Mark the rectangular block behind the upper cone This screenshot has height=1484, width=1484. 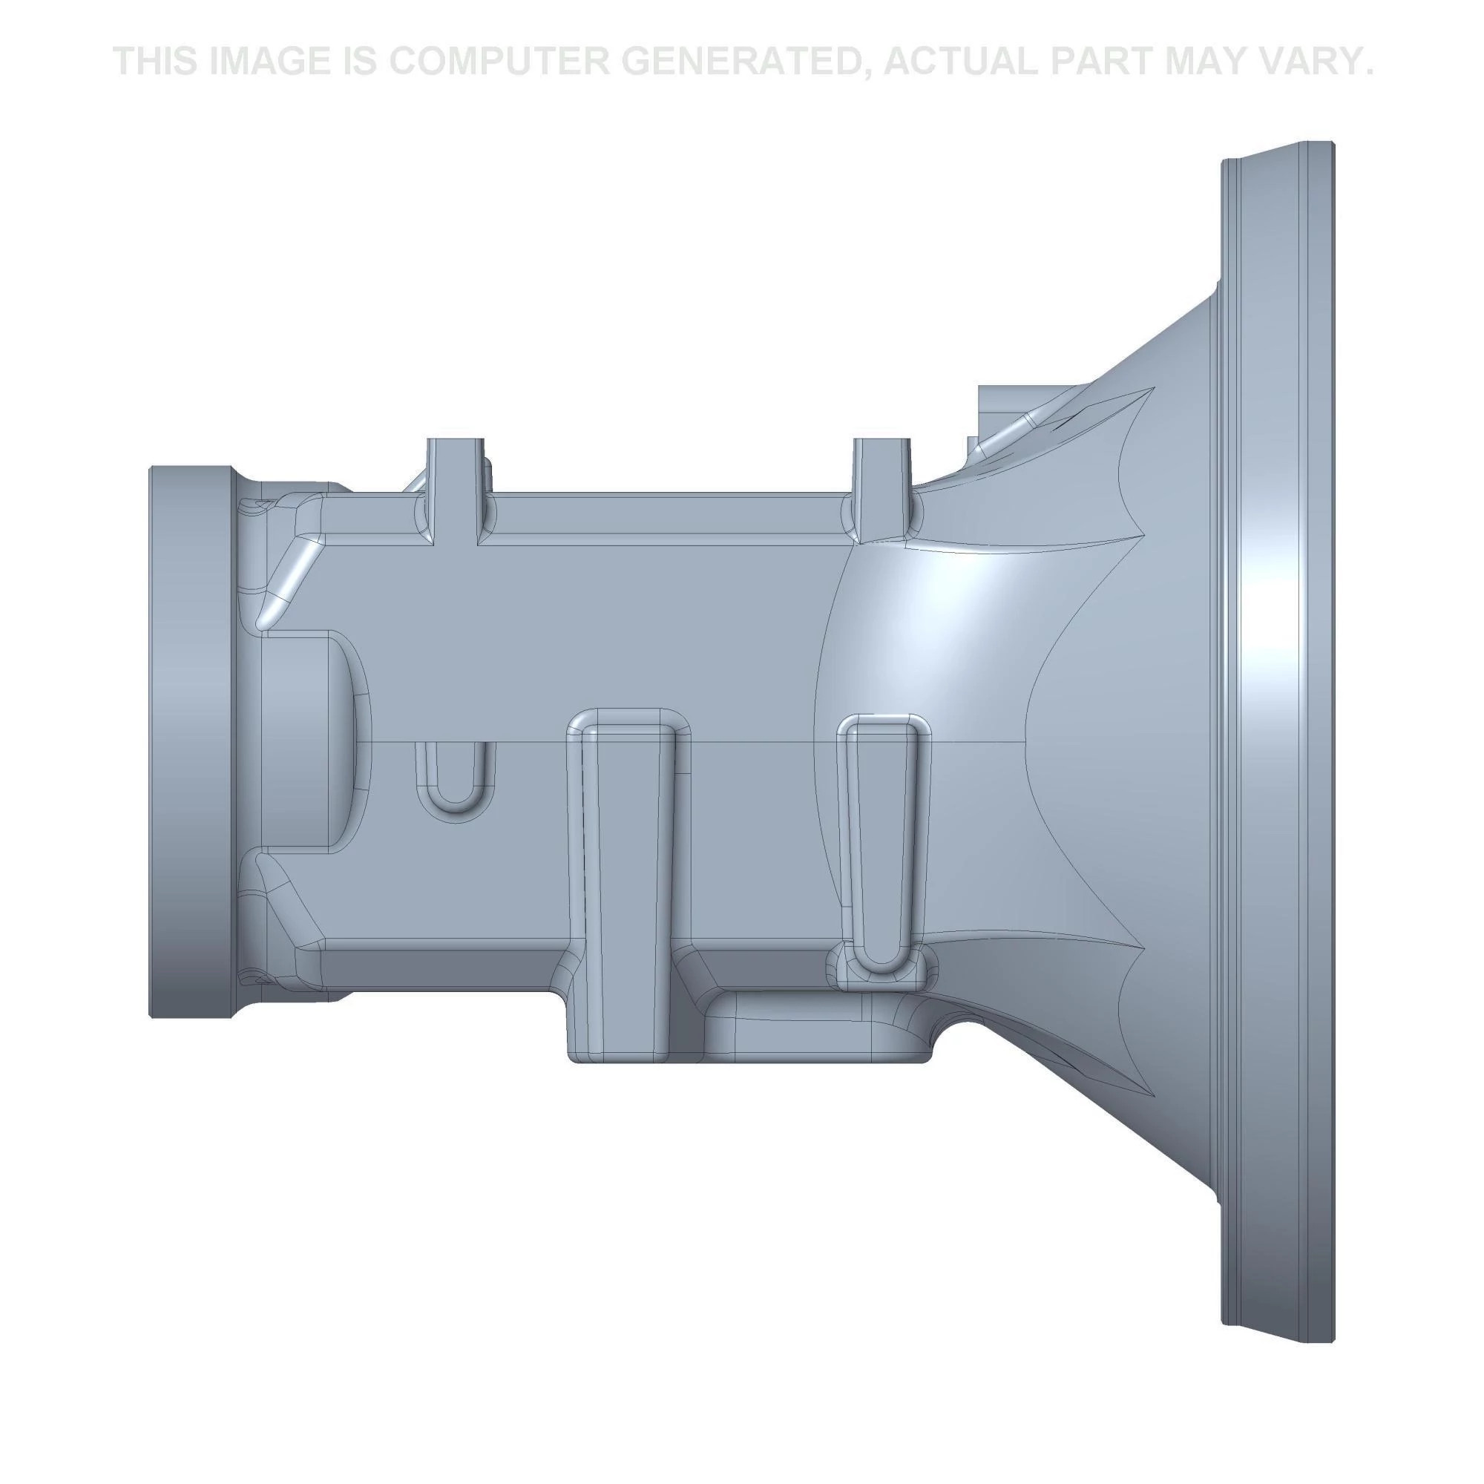999,407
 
